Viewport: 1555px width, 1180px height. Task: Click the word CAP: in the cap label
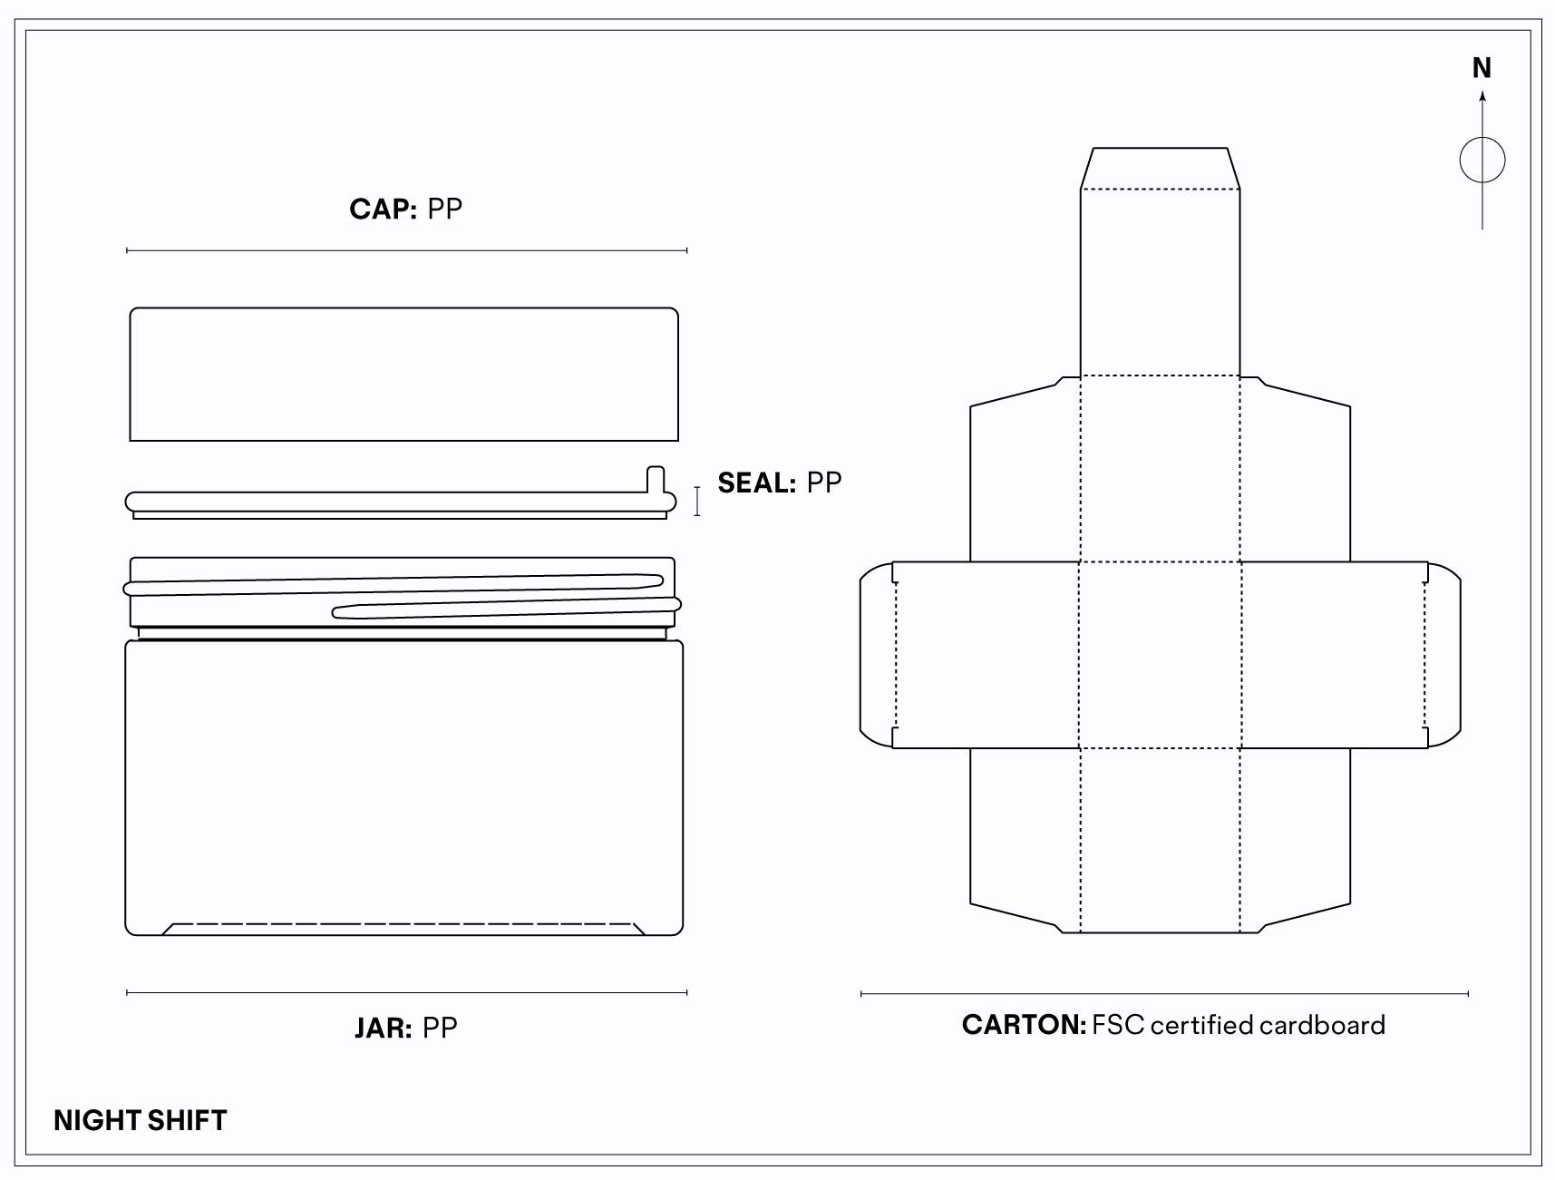tap(383, 210)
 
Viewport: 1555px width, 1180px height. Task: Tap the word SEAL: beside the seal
tap(756, 483)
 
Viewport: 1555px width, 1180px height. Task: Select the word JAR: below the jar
tap(383, 1029)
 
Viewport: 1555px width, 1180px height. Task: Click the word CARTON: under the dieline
tap(1024, 1025)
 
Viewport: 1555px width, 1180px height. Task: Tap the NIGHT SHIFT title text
tap(141, 1120)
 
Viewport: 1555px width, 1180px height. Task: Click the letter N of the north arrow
tap(1482, 68)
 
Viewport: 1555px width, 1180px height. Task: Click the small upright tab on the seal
tap(656, 480)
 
